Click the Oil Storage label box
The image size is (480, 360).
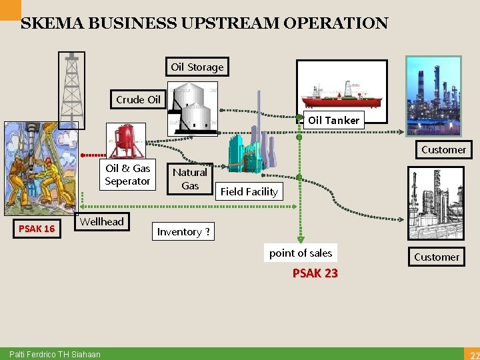click(x=197, y=67)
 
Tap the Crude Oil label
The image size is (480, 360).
click(x=138, y=99)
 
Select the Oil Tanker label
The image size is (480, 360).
click(x=333, y=120)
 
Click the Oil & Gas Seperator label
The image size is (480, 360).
click(x=127, y=175)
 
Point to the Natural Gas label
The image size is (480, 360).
click(x=190, y=179)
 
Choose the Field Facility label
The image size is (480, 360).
click(x=249, y=191)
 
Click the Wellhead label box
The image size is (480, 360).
click(x=101, y=221)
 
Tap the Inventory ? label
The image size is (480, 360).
click(x=183, y=231)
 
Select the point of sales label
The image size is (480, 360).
click(x=301, y=253)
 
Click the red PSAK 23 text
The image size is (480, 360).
click(x=315, y=273)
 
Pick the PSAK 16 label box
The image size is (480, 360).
click(x=37, y=229)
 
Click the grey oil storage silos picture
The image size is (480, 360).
click(x=193, y=108)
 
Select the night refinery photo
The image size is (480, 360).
click(x=433, y=87)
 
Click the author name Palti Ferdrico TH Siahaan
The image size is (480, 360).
click(x=55, y=354)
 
